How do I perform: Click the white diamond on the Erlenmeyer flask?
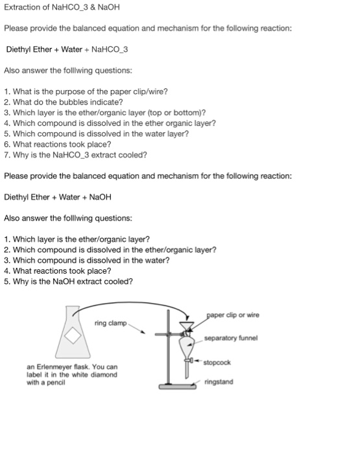pos(73,335)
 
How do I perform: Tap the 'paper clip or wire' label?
pos(233,315)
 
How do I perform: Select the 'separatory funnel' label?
pos(231,338)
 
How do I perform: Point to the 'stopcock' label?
pos(217,363)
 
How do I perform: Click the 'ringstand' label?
pos(219,381)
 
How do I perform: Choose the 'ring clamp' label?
pos(111,323)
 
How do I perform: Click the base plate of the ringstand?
pos(177,387)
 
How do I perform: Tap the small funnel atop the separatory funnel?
pos(187,326)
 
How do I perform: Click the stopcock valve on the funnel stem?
pos(189,361)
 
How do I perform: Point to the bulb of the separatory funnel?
pos(186,346)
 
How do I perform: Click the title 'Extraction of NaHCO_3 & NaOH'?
pos(62,7)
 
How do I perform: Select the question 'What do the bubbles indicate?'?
pos(64,102)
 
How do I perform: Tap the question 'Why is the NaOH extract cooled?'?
pos(68,281)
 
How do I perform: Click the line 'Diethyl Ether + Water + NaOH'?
pos(58,197)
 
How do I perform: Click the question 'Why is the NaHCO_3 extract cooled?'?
pos(75,155)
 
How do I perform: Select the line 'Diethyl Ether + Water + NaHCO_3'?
pos(67,49)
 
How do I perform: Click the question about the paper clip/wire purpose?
pos(86,92)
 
